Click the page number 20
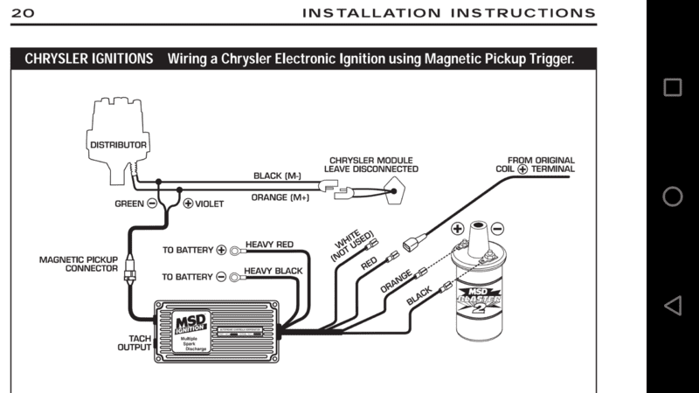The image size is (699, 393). [24, 13]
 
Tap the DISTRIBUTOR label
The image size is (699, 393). [118, 143]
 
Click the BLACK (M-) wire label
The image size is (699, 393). [277, 176]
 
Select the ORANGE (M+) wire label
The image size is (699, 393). [280, 196]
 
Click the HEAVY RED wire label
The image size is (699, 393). [269, 245]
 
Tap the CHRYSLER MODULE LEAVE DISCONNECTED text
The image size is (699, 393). [370, 166]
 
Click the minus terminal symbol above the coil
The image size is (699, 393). [497, 229]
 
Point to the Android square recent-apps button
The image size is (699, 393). [672, 87]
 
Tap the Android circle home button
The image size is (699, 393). [672, 196]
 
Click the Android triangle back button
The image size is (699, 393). [672, 306]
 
